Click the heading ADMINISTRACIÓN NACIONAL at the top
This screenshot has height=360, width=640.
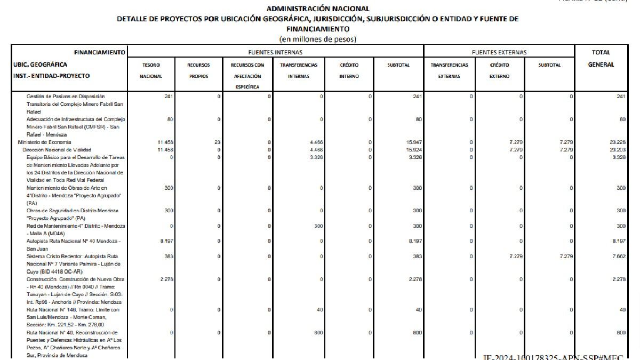tap(317, 9)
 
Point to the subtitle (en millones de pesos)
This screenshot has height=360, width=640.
tap(318, 39)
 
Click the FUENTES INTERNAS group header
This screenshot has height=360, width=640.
tap(275, 52)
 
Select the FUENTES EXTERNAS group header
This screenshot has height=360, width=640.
tap(499, 52)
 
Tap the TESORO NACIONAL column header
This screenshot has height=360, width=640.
tap(151, 70)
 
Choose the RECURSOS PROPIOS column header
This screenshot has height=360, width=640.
tap(198, 70)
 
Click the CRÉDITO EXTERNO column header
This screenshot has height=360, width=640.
tap(499, 70)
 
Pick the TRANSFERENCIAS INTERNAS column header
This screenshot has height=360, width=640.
tap(299, 70)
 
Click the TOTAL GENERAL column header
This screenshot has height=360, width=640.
tap(601, 58)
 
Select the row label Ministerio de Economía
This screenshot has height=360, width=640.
tap(44, 142)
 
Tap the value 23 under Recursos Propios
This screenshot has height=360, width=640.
tap(217, 142)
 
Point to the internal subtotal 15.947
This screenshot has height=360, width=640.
tap(414, 142)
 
